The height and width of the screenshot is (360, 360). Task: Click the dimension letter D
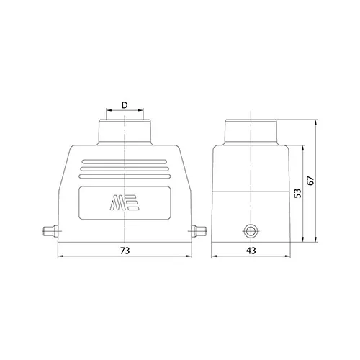click(125, 105)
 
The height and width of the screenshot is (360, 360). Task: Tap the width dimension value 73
click(125, 251)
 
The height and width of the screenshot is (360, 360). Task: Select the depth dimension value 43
click(251, 251)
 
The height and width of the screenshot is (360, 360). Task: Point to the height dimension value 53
click(297, 194)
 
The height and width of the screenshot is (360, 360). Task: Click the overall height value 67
click(310, 181)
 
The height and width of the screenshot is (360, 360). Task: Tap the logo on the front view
click(125, 203)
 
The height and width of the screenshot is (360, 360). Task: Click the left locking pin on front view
click(50, 231)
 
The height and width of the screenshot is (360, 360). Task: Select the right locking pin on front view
click(199, 231)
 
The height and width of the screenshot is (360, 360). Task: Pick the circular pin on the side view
click(251, 232)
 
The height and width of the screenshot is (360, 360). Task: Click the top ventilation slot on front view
click(125, 162)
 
